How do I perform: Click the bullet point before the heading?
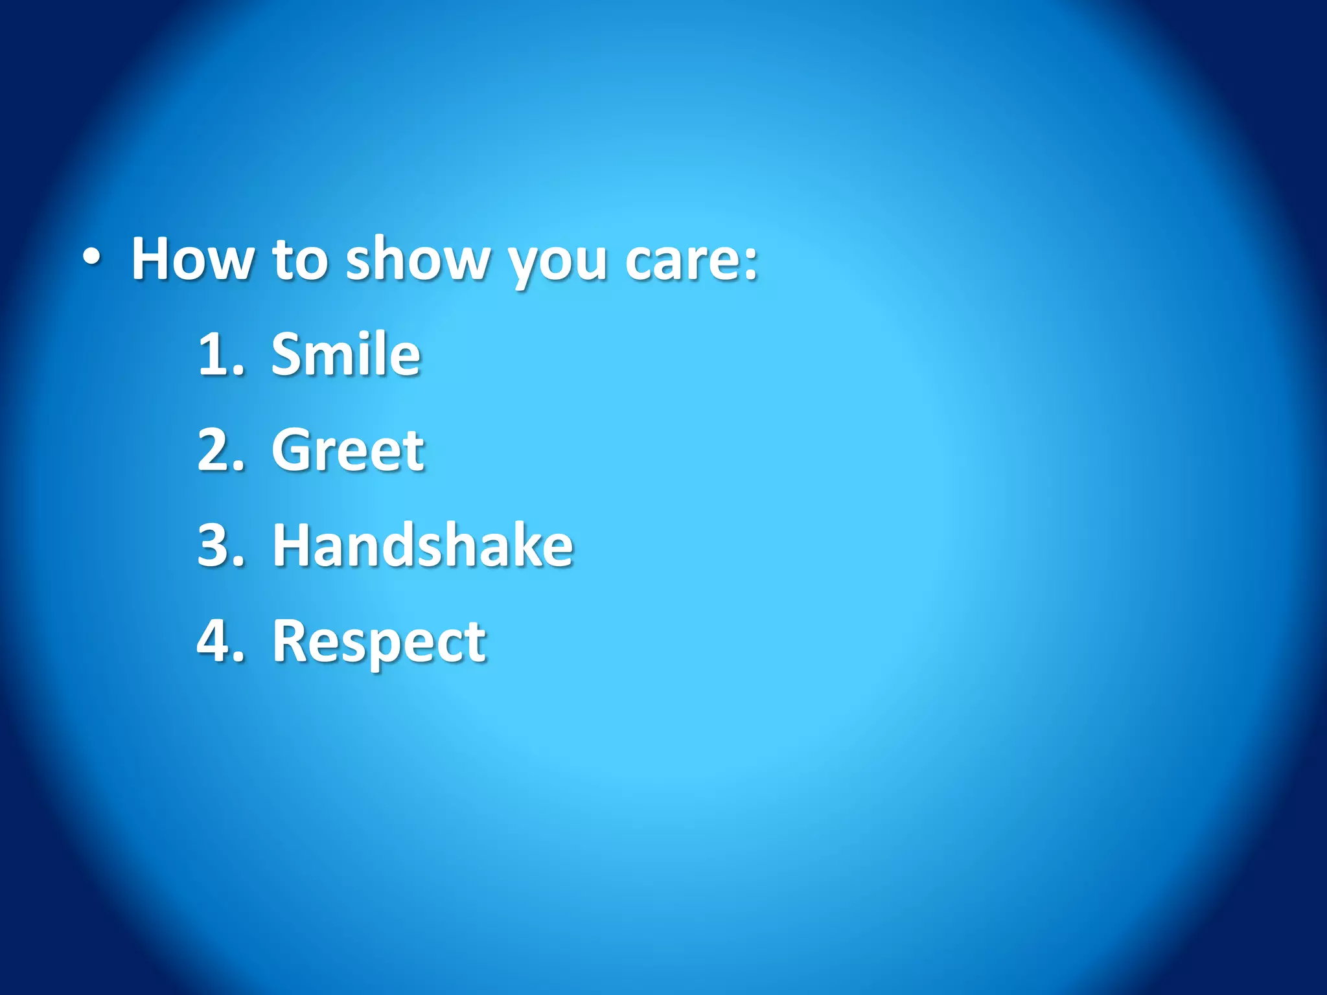click(91, 258)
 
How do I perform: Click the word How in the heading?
click(192, 259)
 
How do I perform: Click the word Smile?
click(346, 354)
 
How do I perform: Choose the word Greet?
click(348, 450)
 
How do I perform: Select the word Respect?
click(379, 642)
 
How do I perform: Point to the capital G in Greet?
click(290, 450)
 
